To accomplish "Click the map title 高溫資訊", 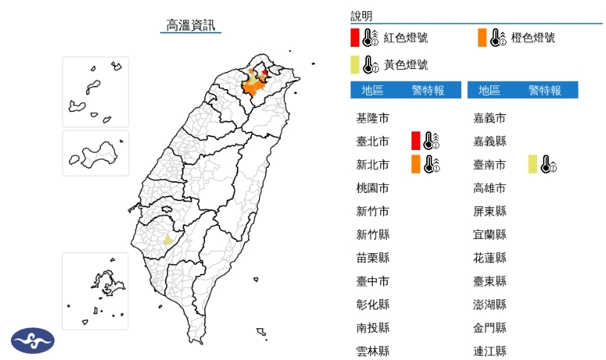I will pyautogui.click(x=191, y=26).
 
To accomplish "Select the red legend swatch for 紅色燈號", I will pyautogui.click(x=355, y=37).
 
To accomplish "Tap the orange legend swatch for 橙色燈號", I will pyautogui.click(x=483, y=37).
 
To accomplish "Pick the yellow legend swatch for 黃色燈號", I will pyautogui.click(x=355, y=65).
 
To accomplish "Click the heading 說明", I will pyautogui.click(x=362, y=16).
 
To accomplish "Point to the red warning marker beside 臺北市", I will pyautogui.click(x=416, y=140).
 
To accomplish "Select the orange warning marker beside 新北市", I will pyautogui.click(x=416, y=164).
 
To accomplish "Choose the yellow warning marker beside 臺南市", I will pyautogui.click(x=532, y=164).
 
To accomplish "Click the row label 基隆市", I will pyautogui.click(x=373, y=118).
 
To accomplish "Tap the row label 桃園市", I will pyautogui.click(x=373, y=188).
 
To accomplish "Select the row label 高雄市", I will pyautogui.click(x=489, y=188).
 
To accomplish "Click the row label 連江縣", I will pyautogui.click(x=489, y=351).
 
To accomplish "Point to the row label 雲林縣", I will pyautogui.click(x=373, y=351).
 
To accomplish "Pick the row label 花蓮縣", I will pyautogui.click(x=489, y=258).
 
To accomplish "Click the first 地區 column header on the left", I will pyautogui.click(x=373, y=91).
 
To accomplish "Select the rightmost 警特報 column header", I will pyautogui.click(x=544, y=91).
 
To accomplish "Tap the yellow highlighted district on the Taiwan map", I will pyautogui.click(x=168, y=240).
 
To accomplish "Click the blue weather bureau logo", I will pyautogui.click(x=33, y=341).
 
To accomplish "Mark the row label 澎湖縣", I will pyautogui.click(x=489, y=304).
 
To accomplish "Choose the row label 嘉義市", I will pyautogui.click(x=489, y=118).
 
